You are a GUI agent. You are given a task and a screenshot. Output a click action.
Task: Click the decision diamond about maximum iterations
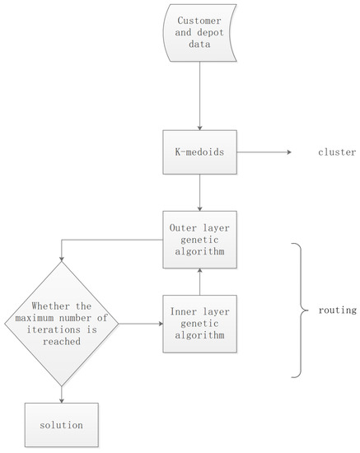(x=62, y=324)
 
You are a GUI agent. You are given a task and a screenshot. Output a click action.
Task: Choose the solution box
(x=61, y=427)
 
